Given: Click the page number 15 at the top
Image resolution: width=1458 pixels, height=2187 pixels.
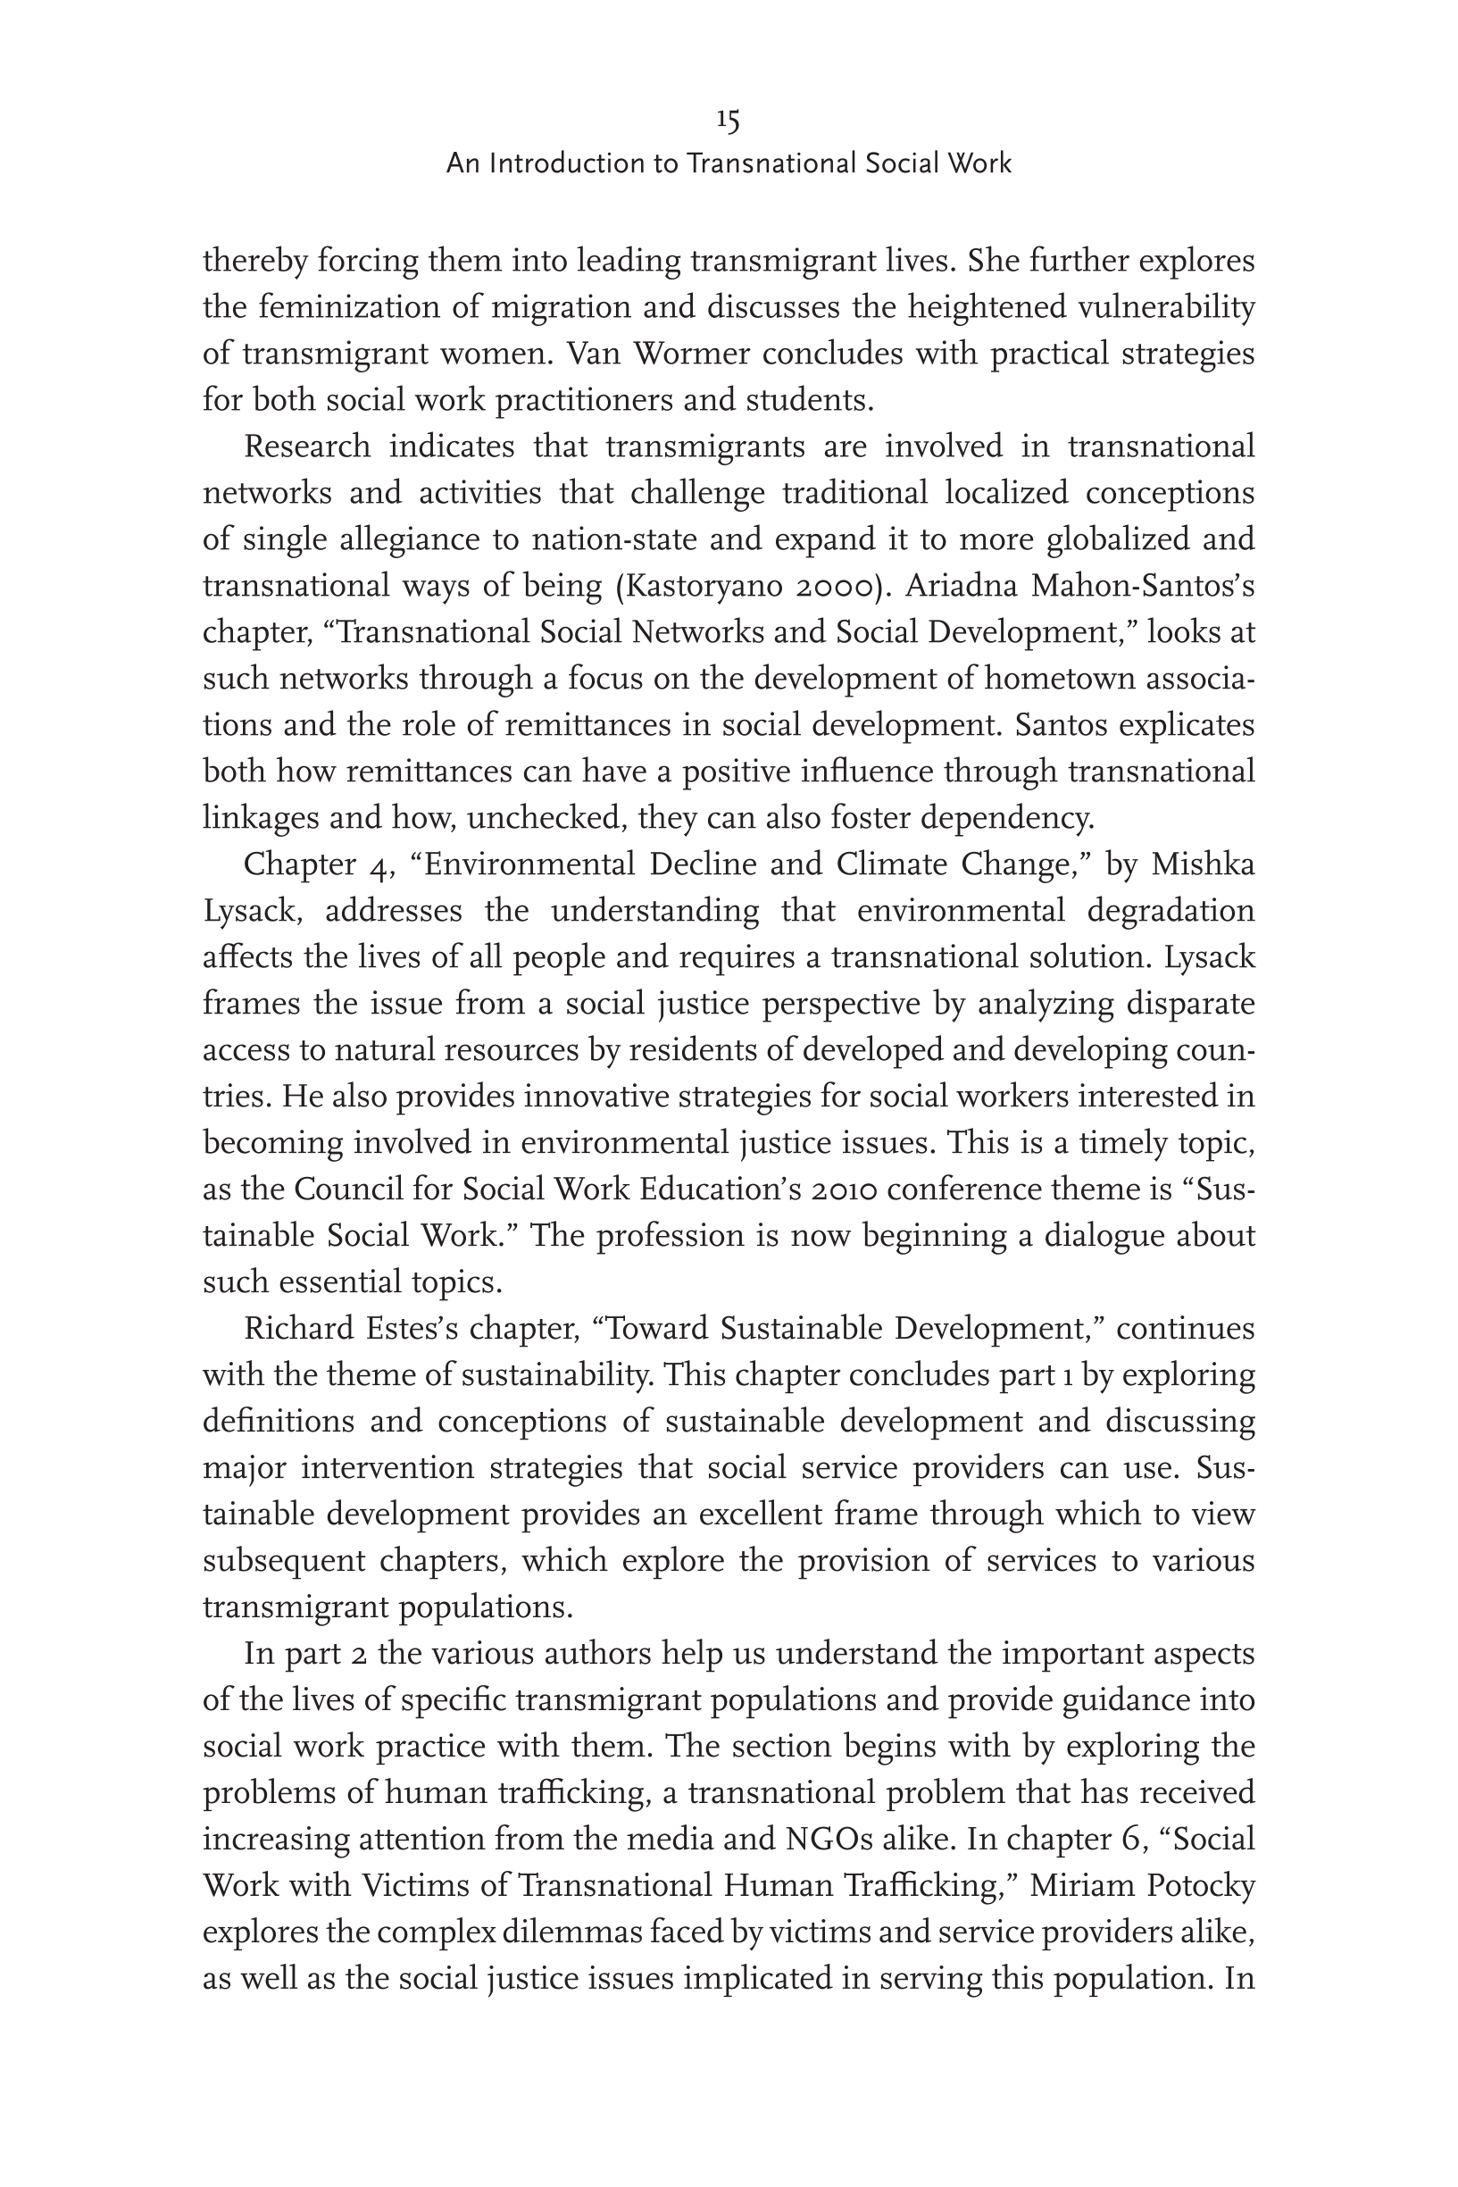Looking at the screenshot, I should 728,120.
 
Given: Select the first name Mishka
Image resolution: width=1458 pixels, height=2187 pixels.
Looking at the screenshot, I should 1204,864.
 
